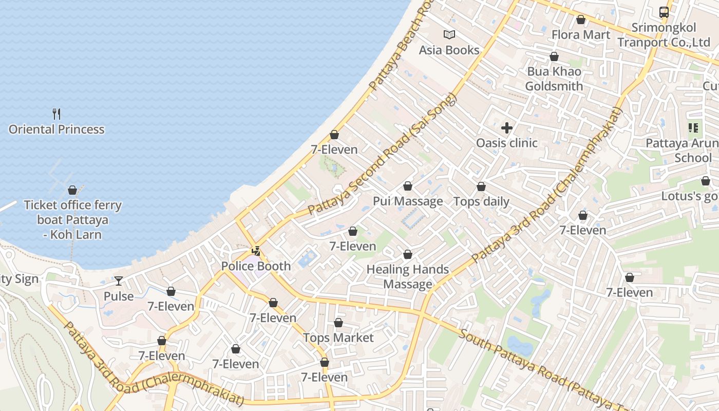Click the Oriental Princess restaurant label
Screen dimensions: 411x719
point(56,129)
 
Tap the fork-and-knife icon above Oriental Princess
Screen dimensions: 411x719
point(56,114)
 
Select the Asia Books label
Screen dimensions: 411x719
point(449,50)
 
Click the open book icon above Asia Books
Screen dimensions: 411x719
point(449,34)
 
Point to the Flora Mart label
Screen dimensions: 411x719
point(581,35)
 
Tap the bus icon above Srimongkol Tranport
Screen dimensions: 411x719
point(664,12)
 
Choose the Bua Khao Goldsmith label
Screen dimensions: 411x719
point(554,79)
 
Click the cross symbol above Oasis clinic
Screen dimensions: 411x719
point(507,128)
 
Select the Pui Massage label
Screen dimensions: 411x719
point(408,201)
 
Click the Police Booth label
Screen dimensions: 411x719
point(256,266)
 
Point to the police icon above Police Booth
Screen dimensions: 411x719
point(256,251)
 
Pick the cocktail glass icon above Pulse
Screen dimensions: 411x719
point(119,281)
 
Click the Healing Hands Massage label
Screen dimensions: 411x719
point(408,276)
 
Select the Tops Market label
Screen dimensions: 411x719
point(338,338)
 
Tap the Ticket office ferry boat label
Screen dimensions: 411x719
point(72,220)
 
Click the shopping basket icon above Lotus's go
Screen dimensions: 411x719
point(706,181)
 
